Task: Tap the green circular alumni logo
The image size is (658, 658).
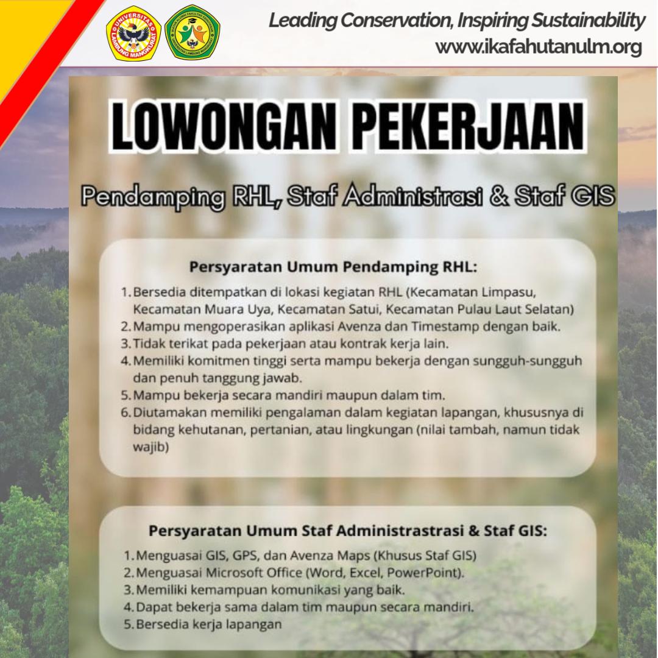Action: coord(192,32)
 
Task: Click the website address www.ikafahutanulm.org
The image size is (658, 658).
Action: coord(539,47)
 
